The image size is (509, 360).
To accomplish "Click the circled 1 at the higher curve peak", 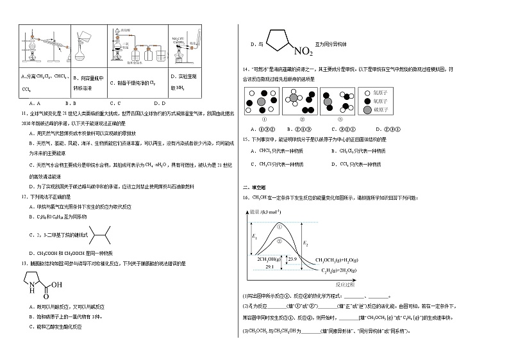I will (280, 225).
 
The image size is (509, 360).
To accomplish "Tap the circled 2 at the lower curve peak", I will (280, 241).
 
